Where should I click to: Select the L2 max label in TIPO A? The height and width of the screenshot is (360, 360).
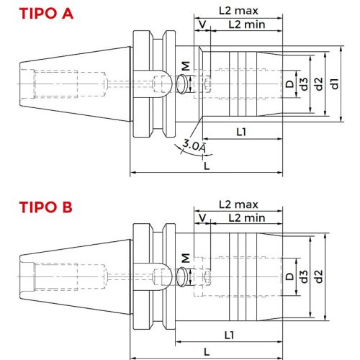point(238,12)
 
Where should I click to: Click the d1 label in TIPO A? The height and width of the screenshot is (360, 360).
point(335,84)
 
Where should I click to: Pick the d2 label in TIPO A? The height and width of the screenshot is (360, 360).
point(319,84)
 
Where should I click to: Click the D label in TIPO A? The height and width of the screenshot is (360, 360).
point(289,84)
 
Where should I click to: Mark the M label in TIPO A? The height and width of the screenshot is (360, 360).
point(186,66)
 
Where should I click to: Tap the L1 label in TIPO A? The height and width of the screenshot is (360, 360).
point(242,132)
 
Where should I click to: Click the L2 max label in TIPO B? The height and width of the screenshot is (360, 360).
point(238,205)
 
